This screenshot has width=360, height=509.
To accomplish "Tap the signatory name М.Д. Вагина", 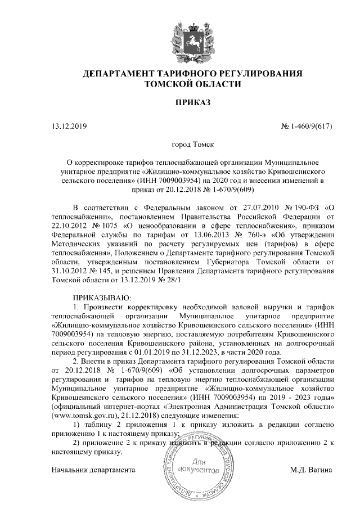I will tap(311, 469).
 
